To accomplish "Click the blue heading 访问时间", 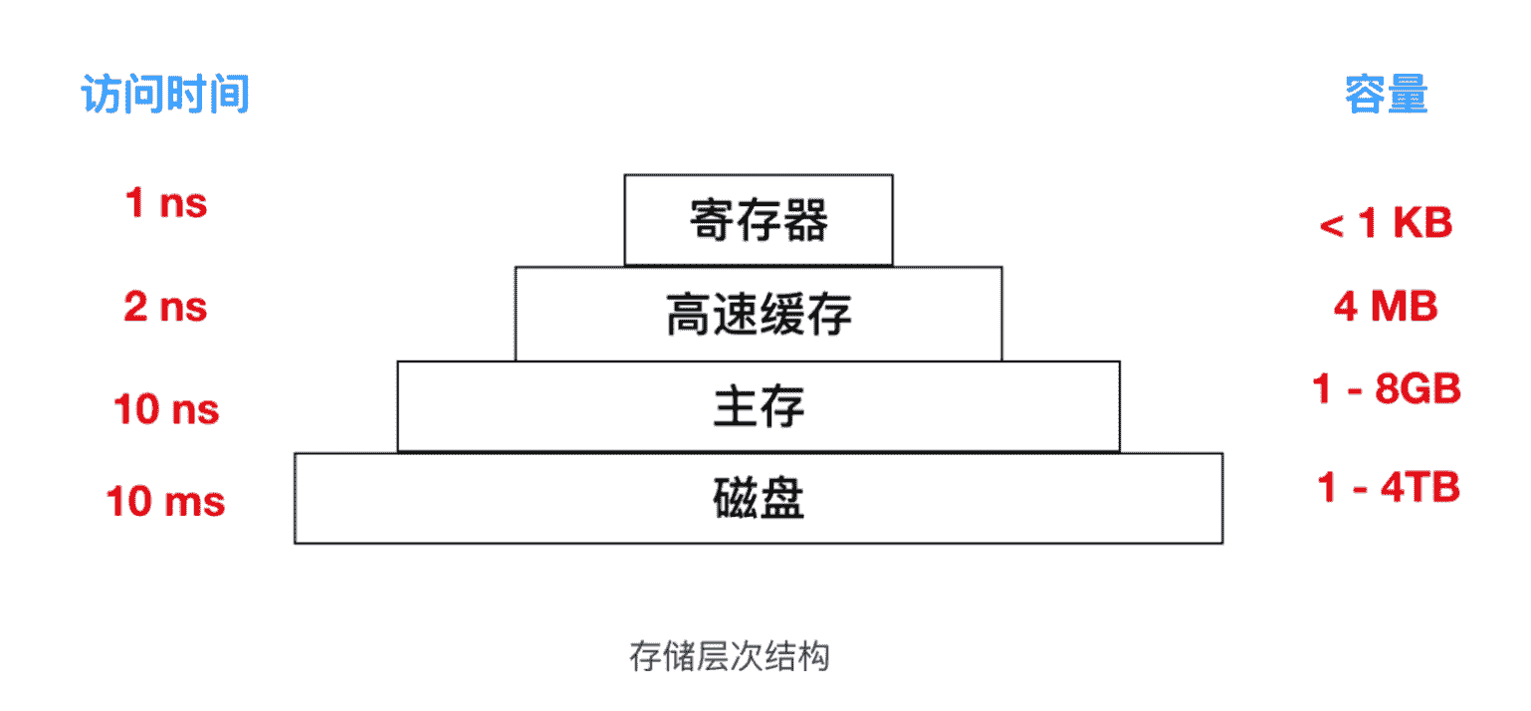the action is [165, 94].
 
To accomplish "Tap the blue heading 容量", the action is [1386, 94].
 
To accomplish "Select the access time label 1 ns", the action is [166, 203].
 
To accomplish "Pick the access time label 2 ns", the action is [165, 307].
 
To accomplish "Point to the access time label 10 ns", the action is [166, 409].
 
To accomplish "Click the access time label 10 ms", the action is [165, 501].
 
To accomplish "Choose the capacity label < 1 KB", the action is [1386, 223].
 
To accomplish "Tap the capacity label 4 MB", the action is [1386, 306].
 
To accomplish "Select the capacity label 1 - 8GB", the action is [1386, 388].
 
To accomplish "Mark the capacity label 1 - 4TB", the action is [1388, 488].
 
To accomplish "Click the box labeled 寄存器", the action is [759, 220].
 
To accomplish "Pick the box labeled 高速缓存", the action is [759, 314].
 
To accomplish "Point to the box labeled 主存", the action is [759, 406].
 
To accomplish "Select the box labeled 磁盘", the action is [759, 498].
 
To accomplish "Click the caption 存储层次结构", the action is [730, 657].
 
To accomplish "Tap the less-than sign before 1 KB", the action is [1332, 225].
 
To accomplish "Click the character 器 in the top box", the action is [805, 220].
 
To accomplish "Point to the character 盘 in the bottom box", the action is [781, 498].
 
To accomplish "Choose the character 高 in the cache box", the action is [689, 314].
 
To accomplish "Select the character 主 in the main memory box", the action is [736, 406].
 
